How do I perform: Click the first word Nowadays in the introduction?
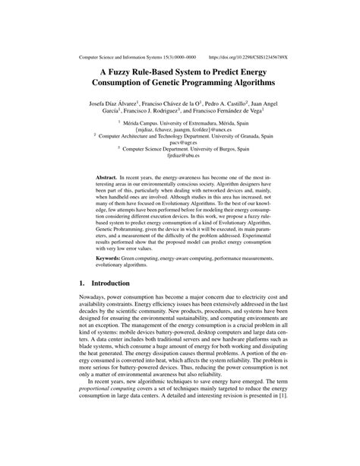click(x=95, y=303)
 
